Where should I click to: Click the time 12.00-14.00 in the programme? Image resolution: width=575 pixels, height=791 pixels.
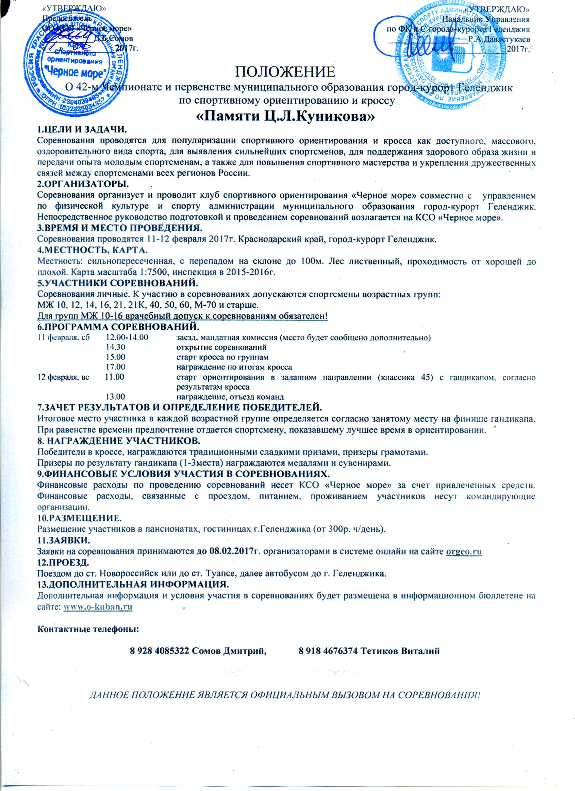(127, 337)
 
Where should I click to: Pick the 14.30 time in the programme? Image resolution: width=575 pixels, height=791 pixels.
(116, 347)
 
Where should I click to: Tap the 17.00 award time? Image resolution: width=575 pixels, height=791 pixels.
(116, 367)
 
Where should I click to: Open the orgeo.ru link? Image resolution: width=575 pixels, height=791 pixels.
(464, 551)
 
